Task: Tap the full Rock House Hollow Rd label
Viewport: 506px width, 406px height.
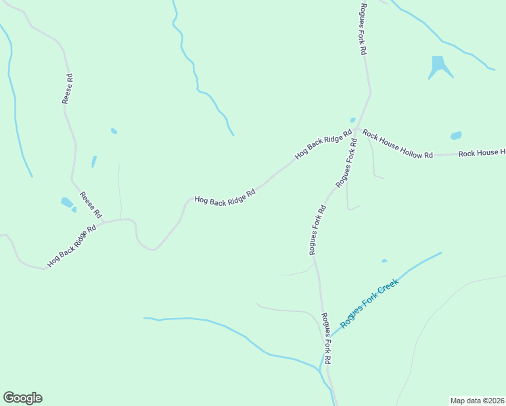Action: [x=397, y=144]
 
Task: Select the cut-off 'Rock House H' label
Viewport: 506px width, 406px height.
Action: [x=482, y=154]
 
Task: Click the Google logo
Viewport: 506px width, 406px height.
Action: [x=22, y=398]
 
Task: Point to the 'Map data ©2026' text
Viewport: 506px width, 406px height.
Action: [x=477, y=400]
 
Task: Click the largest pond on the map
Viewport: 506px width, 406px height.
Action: [x=439, y=66]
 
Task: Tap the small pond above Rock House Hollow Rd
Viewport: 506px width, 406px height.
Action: [x=456, y=135]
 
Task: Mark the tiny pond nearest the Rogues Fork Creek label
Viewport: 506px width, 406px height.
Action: [x=384, y=261]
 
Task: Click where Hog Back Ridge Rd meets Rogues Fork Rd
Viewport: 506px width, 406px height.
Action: [x=356, y=127]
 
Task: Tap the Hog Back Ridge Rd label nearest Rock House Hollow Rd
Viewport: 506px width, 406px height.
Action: [x=324, y=144]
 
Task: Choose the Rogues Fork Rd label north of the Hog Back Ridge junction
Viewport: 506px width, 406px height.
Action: [x=363, y=28]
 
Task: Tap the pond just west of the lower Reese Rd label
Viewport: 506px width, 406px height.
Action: [x=67, y=202]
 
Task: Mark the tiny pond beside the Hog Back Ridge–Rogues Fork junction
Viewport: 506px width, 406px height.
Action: [x=352, y=120]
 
